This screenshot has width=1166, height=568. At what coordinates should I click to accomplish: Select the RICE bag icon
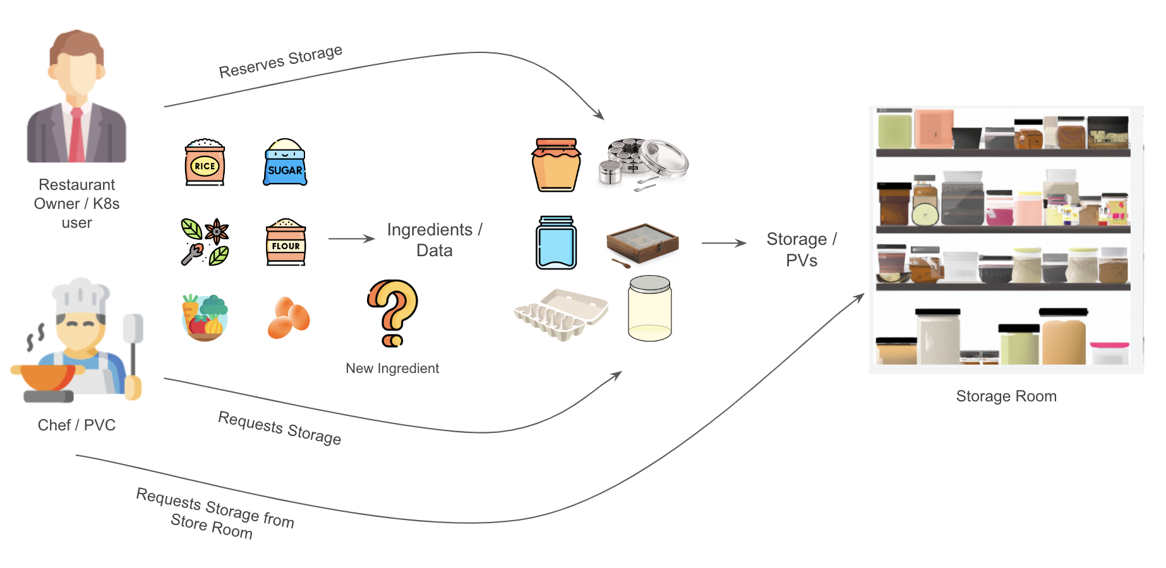(205, 163)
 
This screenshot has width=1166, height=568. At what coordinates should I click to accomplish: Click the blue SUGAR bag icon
(285, 163)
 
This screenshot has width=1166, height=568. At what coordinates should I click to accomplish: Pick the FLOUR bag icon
(285, 242)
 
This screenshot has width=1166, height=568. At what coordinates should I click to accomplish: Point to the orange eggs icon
(289, 317)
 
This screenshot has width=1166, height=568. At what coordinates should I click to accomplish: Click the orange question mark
(393, 312)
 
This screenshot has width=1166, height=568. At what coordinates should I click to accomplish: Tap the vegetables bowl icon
(205, 317)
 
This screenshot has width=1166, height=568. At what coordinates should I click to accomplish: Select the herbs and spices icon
(205, 242)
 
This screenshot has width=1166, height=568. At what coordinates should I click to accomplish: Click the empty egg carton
(560, 314)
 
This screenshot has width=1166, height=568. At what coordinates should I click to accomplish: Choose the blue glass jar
(556, 243)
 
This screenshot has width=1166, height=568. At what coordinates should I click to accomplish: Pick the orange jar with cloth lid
(556, 165)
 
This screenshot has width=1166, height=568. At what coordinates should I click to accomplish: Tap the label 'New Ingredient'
(392, 369)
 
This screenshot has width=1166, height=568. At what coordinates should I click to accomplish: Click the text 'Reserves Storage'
(280, 62)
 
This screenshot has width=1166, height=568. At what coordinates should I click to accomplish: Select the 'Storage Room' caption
(1006, 396)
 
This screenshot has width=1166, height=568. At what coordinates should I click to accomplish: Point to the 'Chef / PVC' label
(76, 425)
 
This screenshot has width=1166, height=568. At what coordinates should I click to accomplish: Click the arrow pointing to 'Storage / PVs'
(724, 243)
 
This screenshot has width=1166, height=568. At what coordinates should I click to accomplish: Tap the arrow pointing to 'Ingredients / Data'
(351, 239)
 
